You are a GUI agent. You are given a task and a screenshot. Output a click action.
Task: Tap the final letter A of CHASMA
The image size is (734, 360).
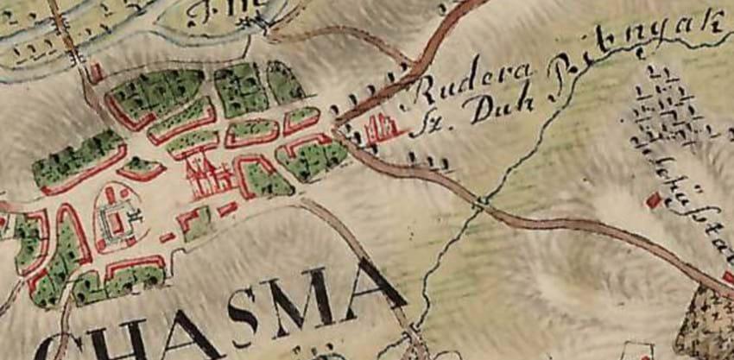[371, 286]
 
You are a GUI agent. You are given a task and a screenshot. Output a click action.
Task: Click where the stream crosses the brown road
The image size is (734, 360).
[480, 204]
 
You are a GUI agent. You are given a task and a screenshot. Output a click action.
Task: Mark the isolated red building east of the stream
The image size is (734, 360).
[654, 200]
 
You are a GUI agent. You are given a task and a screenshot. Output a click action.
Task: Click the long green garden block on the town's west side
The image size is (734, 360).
[78, 159]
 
